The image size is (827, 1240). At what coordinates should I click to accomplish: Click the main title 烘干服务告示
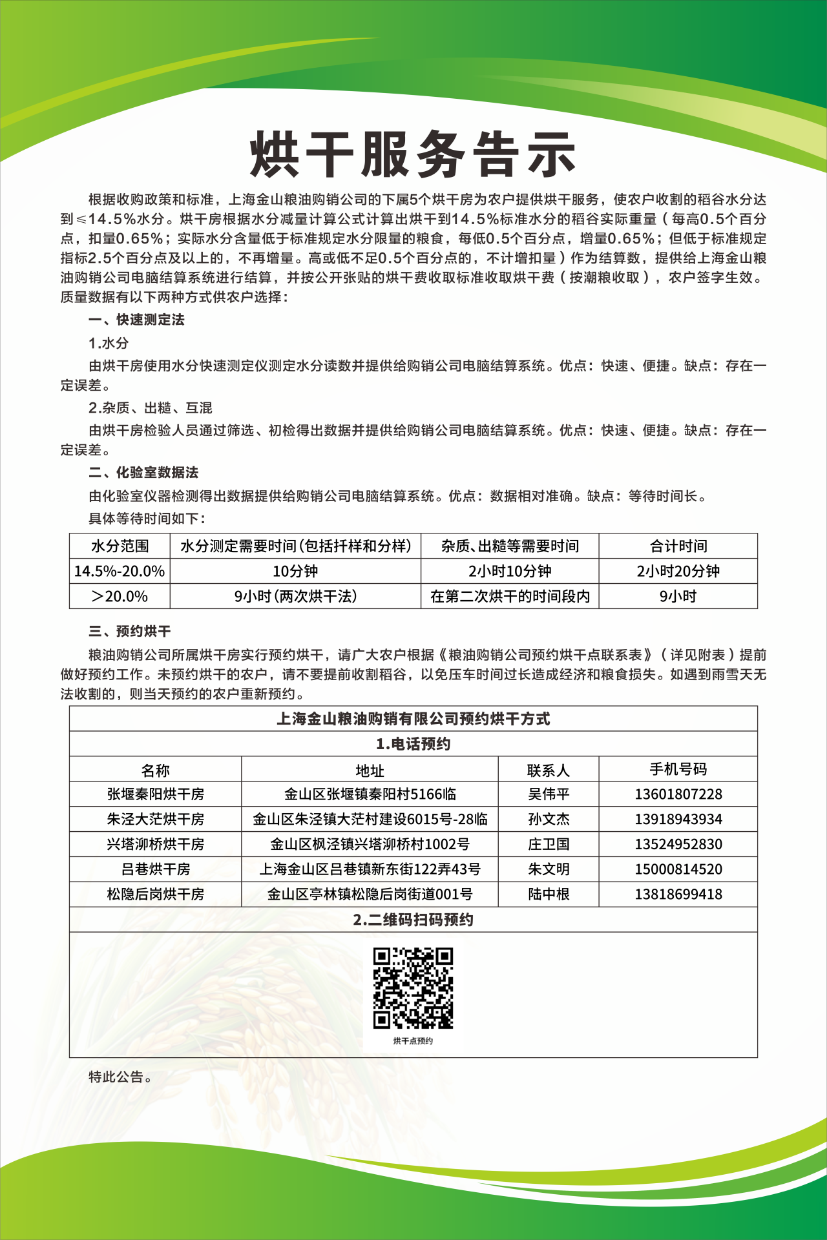tap(413, 155)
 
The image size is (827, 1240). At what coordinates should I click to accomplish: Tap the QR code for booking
tap(413, 987)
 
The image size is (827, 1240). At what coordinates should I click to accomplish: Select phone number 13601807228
tap(678, 794)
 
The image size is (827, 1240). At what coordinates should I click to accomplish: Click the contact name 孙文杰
tap(549, 819)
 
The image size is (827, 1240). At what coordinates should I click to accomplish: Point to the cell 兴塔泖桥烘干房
tap(155, 844)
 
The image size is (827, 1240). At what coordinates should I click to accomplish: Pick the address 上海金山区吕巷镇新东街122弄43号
tap(370, 869)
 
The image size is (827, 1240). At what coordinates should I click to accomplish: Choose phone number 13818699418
tap(678, 894)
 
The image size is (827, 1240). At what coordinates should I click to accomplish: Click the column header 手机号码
tap(678, 769)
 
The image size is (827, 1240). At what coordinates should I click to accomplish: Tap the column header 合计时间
tap(678, 546)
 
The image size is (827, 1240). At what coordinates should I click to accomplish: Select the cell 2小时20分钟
tap(678, 571)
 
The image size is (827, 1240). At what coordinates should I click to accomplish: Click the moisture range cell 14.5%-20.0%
tap(120, 571)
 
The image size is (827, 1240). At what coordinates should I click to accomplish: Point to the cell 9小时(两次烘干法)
tap(295, 596)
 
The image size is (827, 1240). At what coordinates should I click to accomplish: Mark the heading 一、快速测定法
tap(136, 320)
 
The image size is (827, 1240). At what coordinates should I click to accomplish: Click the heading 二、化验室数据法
tap(143, 473)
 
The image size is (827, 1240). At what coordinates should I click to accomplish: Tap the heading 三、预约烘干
tap(129, 631)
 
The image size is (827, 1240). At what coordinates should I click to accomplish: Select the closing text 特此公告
tap(120, 1077)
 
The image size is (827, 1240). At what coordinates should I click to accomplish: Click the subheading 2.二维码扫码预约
tap(413, 920)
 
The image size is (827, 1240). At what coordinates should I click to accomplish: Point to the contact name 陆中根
tap(549, 894)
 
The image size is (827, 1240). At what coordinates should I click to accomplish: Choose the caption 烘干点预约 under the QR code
tap(413, 1041)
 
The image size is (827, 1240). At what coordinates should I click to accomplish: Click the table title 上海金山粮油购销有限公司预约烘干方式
tap(413, 719)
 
